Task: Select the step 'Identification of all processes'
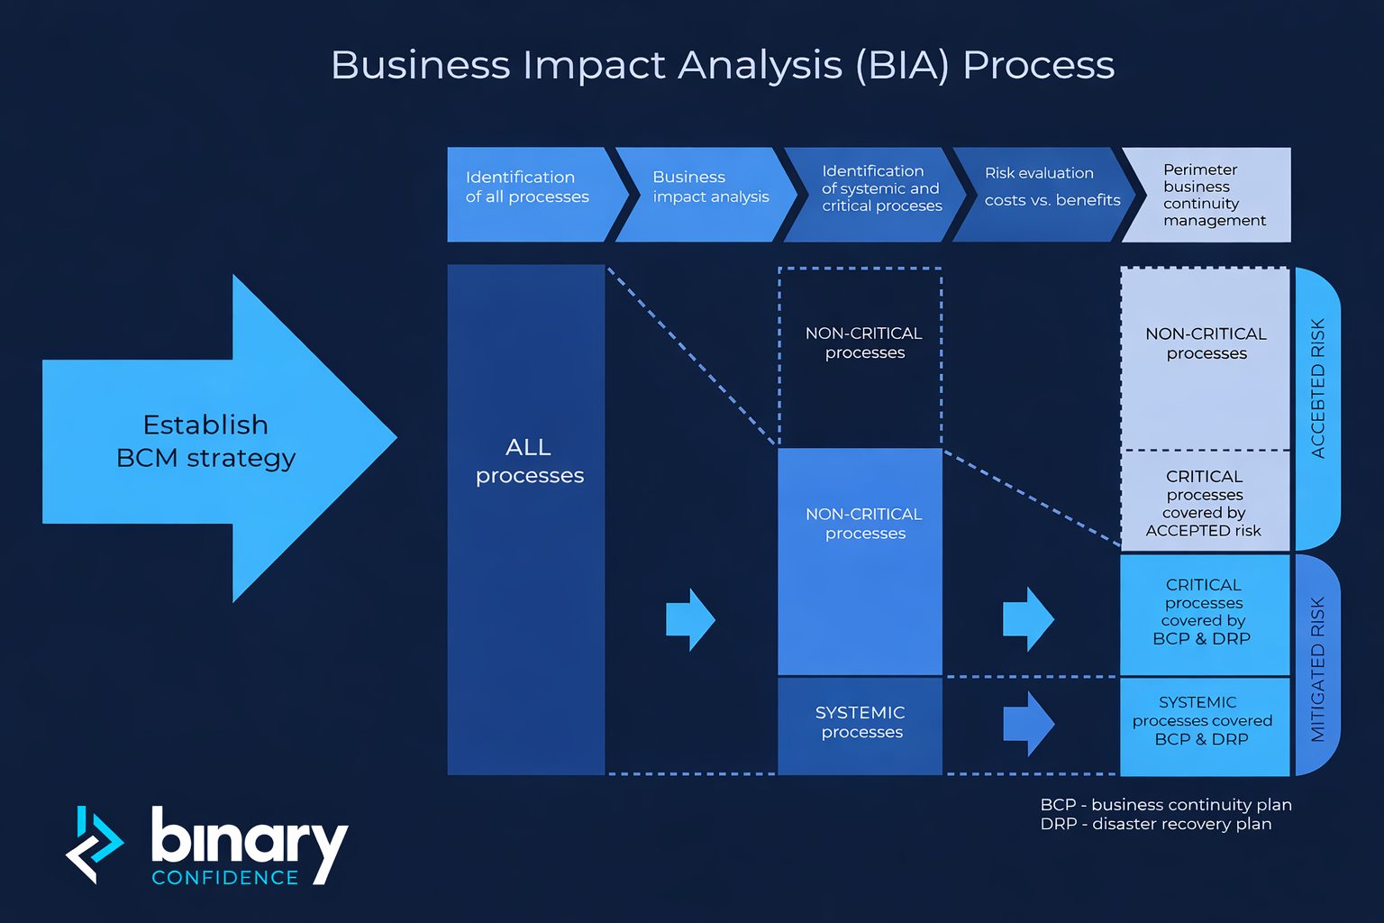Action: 527,187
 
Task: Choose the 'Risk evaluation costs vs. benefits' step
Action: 1052,187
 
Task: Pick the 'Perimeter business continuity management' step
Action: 1213,195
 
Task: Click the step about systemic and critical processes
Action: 880,188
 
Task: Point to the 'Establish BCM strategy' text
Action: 205,441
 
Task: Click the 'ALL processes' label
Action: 529,461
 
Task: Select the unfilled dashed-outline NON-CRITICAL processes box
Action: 863,343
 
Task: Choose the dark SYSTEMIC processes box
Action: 860,722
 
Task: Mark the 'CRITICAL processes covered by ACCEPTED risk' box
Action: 1204,503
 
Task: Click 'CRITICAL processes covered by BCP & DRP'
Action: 1203,612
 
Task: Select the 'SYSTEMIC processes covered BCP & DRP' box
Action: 1202,721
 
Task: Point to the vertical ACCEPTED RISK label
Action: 1317,388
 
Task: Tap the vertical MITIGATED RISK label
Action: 1317,669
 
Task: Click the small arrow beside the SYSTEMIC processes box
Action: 1028,723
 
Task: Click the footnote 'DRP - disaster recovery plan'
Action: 1155,824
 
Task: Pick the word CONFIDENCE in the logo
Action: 225,877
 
